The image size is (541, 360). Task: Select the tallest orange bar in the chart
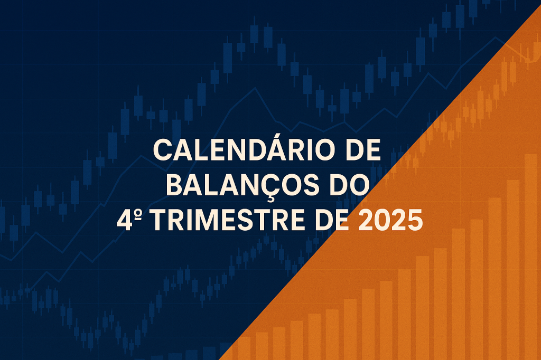531,253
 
